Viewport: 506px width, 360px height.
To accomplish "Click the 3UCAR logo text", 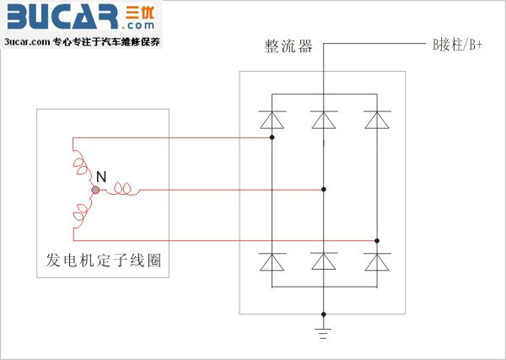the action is tap(62, 17).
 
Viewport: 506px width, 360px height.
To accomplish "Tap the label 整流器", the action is tap(288, 46).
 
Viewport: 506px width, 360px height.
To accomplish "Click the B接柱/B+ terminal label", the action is tap(457, 45).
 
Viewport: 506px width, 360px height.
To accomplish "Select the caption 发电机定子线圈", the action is tap(103, 260).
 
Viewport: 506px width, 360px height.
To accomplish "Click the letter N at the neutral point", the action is tap(101, 177).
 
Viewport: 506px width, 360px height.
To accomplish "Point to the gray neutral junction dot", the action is tap(95, 190).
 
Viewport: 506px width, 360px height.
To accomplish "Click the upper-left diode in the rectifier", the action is tap(272, 120).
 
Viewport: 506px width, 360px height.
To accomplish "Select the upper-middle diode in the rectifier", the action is tap(324, 120).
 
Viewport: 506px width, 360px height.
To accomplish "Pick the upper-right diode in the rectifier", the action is tap(377, 120).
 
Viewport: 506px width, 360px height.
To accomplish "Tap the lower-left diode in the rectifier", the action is tap(272, 261).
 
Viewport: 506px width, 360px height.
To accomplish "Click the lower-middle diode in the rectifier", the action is tap(324, 261).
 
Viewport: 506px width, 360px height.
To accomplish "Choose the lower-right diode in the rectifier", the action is tap(377, 261).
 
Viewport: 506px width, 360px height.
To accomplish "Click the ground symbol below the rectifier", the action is tap(323, 334).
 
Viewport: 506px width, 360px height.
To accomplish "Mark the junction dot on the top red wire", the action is tap(272, 137).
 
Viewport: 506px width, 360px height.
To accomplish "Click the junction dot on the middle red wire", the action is tap(324, 190).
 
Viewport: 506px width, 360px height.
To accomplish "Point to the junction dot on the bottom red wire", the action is tap(377, 240).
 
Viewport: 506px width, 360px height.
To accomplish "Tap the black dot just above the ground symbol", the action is tap(324, 314).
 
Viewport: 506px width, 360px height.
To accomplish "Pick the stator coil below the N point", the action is tap(81, 213).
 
